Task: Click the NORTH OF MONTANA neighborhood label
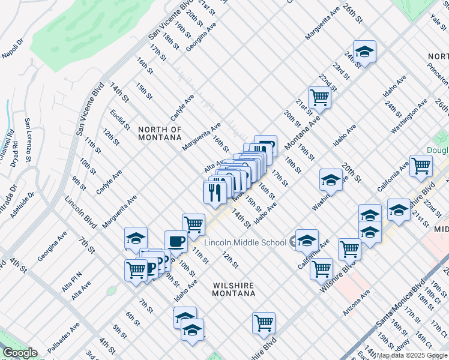159,133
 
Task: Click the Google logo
19,353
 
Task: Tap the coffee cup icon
176,241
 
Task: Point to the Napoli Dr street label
12,47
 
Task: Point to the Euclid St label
120,119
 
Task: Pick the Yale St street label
436,22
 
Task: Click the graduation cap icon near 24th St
364,52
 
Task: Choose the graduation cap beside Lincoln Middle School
307,241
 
